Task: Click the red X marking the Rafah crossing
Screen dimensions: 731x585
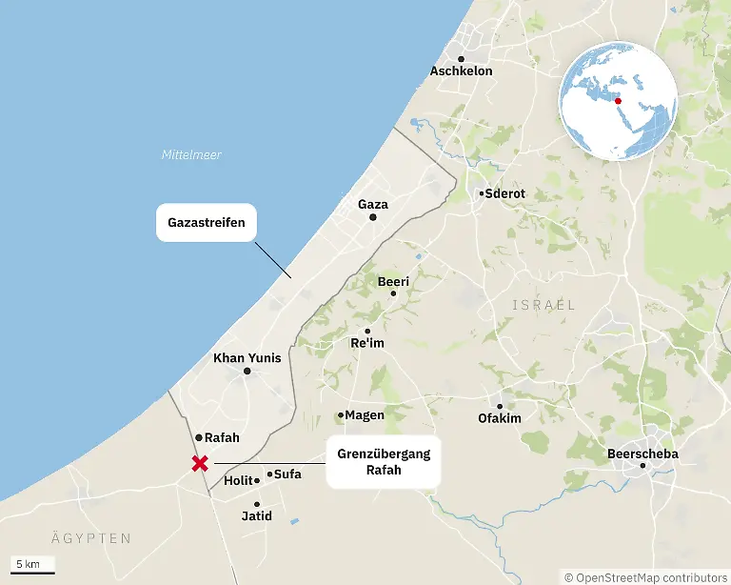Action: click(x=200, y=464)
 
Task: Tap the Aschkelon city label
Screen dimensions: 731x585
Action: click(x=461, y=71)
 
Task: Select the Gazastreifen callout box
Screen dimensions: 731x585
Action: click(x=207, y=223)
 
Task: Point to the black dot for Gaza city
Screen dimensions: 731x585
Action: click(x=373, y=218)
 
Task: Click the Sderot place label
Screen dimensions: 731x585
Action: click(x=504, y=193)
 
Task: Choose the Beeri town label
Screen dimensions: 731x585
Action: click(x=393, y=282)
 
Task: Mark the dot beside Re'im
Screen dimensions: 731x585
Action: click(x=367, y=332)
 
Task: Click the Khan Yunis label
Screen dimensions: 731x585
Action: click(x=247, y=358)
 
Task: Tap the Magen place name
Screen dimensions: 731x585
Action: click(x=365, y=415)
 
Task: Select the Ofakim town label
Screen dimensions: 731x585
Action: click(x=500, y=418)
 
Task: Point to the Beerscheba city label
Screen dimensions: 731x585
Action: click(x=642, y=454)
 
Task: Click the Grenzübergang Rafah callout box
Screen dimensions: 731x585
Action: click(x=384, y=462)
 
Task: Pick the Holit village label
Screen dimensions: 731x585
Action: click(x=238, y=481)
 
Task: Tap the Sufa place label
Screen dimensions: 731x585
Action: click(x=286, y=474)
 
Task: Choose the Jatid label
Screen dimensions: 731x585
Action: click(x=257, y=516)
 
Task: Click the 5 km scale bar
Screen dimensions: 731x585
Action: click(x=33, y=567)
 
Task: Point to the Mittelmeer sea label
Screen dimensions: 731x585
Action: click(x=191, y=154)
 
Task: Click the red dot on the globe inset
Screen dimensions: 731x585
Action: click(x=618, y=100)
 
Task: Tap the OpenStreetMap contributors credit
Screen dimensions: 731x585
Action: click(x=646, y=576)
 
